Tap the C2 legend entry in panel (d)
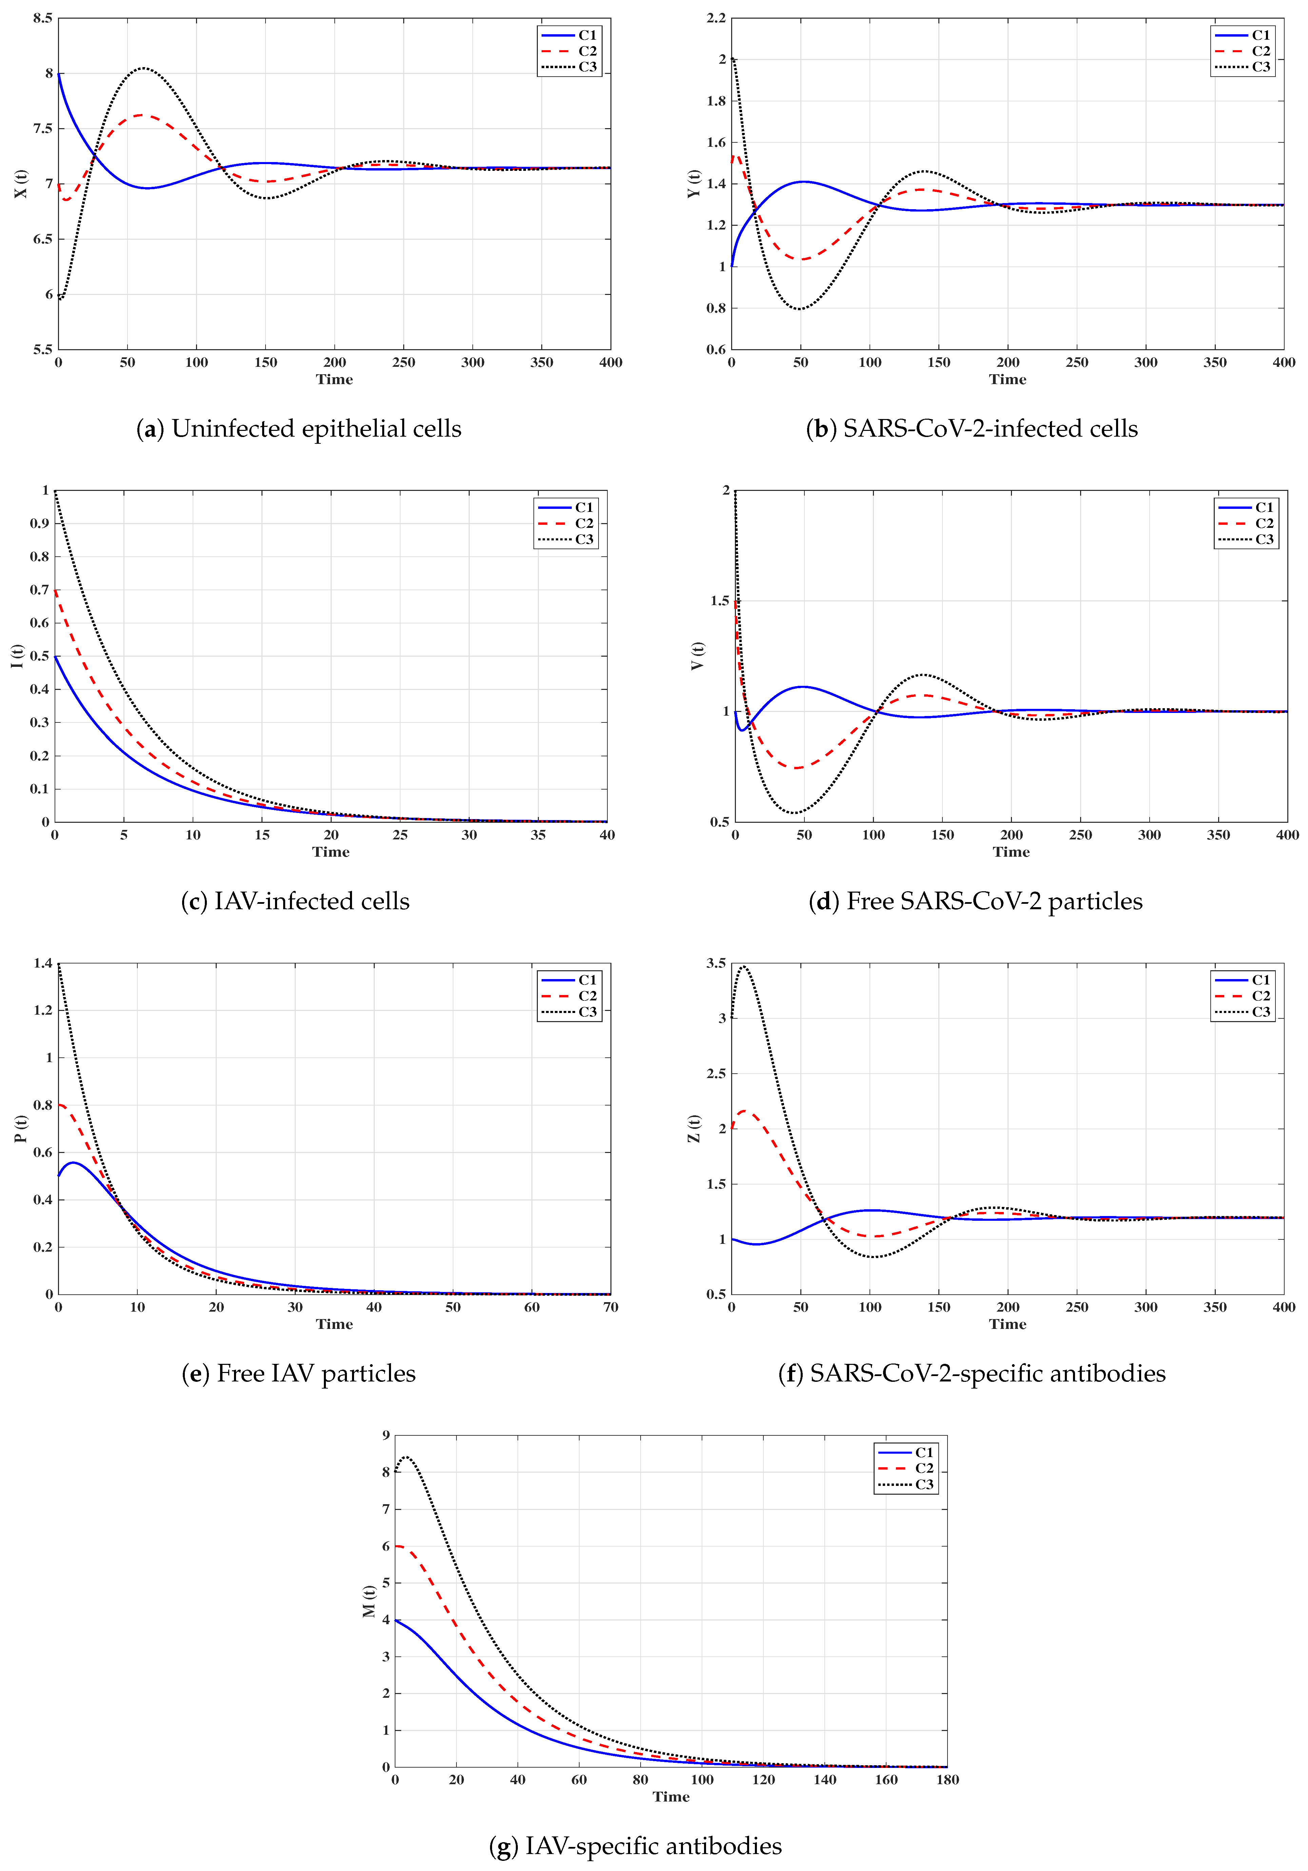tap(1247, 523)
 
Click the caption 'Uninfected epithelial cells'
tap(299, 429)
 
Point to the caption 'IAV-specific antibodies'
tap(636, 1846)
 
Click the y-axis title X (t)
tap(21, 184)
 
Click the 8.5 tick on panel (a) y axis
tap(42, 18)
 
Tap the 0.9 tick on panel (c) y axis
tap(39, 523)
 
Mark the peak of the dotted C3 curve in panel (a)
tap(143, 68)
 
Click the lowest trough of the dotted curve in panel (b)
tap(799, 309)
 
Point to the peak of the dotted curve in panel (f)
tap(743, 967)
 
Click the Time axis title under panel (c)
tap(331, 852)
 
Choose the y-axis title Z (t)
tap(694, 1129)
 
